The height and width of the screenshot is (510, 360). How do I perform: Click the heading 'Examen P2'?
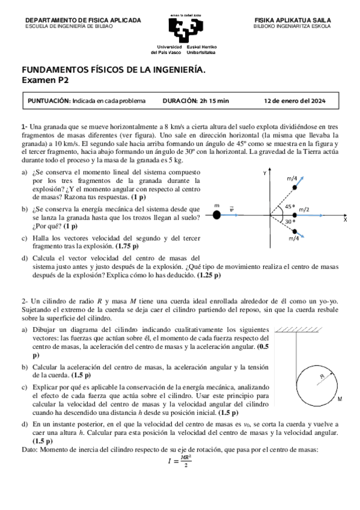(46, 79)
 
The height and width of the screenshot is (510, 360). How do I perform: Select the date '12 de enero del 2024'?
(294, 100)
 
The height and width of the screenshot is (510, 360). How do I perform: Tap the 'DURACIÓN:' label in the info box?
(180, 100)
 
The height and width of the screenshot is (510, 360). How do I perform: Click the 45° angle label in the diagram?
(289, 206)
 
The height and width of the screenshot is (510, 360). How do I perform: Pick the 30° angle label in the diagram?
(289, 222)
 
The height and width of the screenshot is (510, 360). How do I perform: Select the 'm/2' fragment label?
(304, 209)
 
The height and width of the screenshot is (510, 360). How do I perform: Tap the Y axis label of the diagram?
(264, 173)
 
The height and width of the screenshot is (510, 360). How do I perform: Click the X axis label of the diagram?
(345, 221)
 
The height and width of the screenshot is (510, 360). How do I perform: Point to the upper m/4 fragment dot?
(294, 188)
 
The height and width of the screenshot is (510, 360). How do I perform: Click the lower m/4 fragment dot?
(294, 229)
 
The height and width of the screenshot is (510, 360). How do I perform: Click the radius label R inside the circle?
(322, 376)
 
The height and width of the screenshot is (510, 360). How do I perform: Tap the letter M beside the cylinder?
(340, 399)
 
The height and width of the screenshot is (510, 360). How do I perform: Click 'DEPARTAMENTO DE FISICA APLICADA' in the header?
(83, 20)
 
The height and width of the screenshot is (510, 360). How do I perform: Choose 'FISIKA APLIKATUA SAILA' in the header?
(293, 20)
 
